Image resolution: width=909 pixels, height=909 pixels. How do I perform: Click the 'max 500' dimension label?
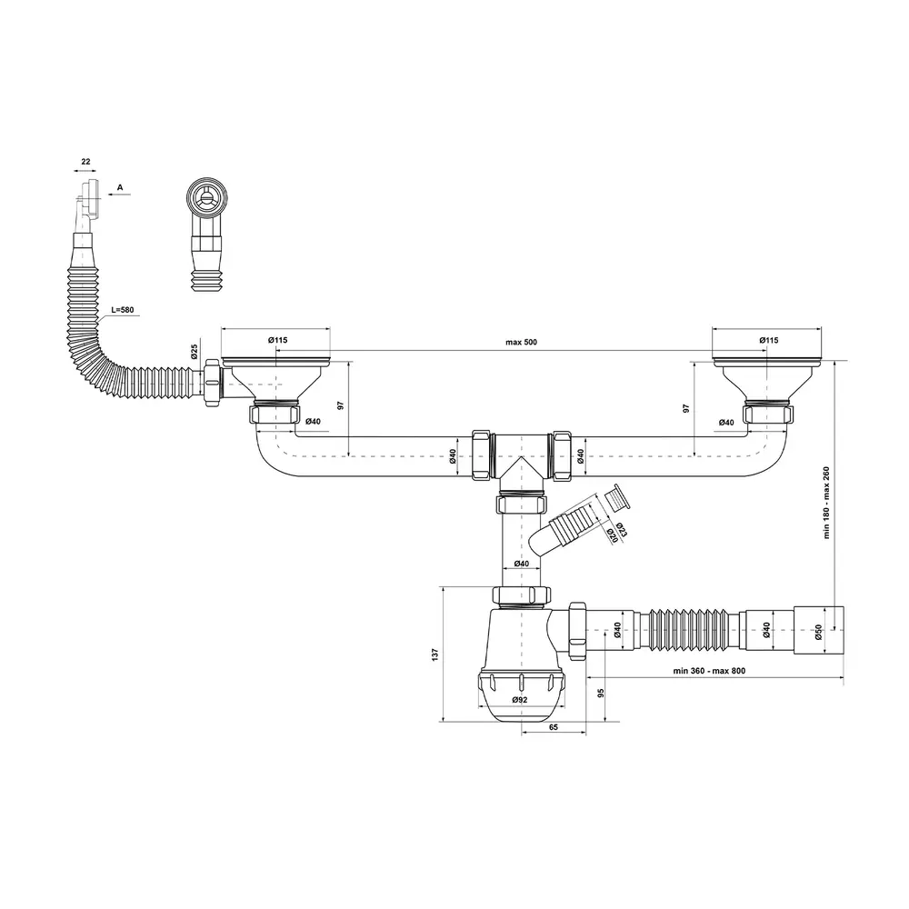coord(521,342)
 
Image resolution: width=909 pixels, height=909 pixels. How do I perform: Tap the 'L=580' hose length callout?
coord(123,310)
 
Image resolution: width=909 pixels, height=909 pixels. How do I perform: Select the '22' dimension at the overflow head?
coord(85,162)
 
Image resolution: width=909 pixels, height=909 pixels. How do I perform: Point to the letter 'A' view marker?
coord(120,187)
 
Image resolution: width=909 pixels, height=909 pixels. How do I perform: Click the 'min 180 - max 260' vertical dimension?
coord(826,503)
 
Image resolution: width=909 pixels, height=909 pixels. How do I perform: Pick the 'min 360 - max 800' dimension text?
coord(709,671)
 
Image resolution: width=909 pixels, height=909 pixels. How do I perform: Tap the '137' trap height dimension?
coord(435,654)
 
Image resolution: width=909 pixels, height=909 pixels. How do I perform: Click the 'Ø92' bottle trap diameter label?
coord(519,700)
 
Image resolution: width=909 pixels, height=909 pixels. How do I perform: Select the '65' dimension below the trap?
coord(553,727)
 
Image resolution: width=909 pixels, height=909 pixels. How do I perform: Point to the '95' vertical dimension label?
coord(601,694)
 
